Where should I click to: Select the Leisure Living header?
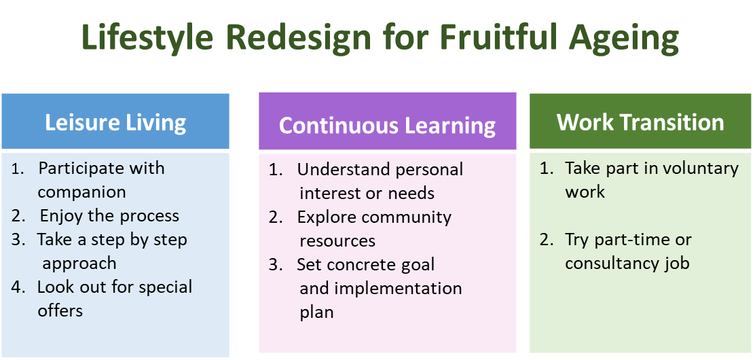(x=115, y=122)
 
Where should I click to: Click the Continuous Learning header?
(x=387, y=125)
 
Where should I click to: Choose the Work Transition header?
(x=640, y=122)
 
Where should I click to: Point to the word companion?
(x=81, y=192)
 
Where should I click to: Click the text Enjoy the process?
(x=109, y=216)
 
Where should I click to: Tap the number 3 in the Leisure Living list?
(x=17, y=240)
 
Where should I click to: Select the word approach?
(x=79, y=264)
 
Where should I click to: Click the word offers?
(x=60, y=311)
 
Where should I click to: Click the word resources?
(x=337, y=240)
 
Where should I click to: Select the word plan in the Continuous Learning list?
(x=316, y=312)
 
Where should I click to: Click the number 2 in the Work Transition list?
(x=547, y=240)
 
